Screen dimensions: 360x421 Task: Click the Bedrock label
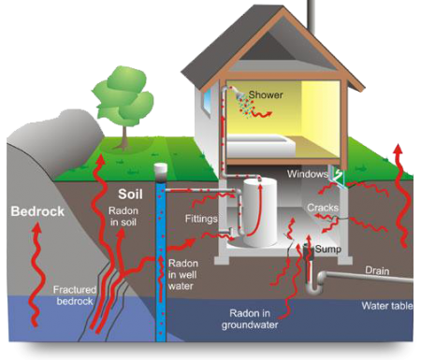click(37, 211)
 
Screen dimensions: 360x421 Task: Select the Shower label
click(266, 95)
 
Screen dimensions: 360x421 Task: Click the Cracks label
click(322, 208)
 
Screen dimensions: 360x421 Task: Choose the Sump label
click(327, 251)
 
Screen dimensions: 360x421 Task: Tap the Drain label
click(378, 269)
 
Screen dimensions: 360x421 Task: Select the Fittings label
click(202, 219)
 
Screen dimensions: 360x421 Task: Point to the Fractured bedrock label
click(75, 295)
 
